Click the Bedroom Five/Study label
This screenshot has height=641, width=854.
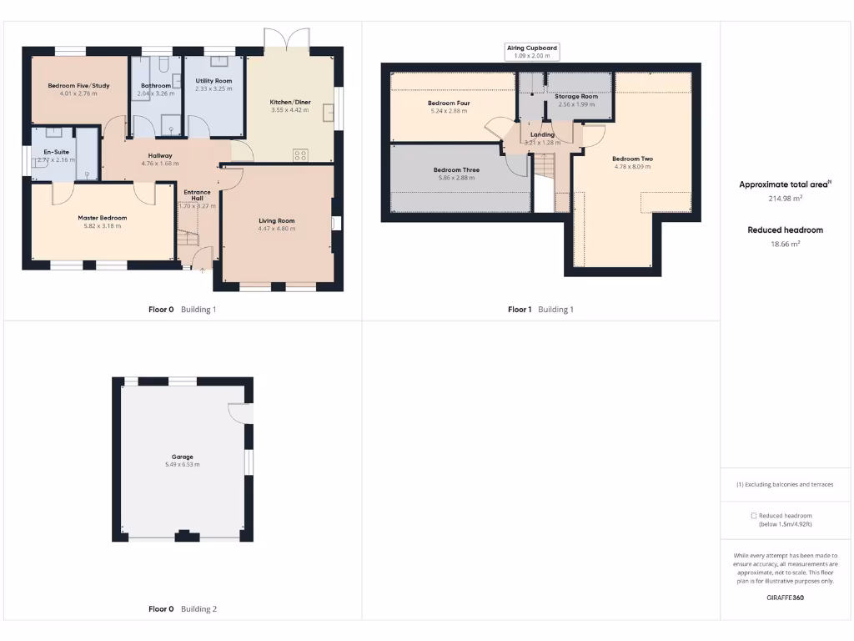tap(78, 85)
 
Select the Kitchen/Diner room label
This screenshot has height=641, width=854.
tap(290, 102)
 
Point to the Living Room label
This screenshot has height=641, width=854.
tap(276, 221)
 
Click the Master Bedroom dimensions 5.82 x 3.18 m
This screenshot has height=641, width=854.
tap(103, 225)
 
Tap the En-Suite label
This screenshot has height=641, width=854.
tap(57, 151)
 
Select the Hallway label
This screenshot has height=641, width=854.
tap(160, 156)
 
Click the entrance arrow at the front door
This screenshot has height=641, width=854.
tap(202, 270)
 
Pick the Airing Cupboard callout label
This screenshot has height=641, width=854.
tap(532, 49)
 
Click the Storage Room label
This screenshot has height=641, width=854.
tap(576, 97)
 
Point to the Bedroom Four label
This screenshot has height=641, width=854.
tap(450, 103)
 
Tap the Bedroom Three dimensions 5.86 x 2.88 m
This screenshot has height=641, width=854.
tap(456, 178)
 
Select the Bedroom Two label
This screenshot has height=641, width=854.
tap(632, 159)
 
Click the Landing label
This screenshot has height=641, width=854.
tap(542, 134)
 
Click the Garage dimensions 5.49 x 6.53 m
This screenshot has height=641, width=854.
tap(183, 464)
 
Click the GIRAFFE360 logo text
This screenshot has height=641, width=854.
tap(785, 598)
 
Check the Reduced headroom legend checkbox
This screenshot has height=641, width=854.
tap(754, 516)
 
